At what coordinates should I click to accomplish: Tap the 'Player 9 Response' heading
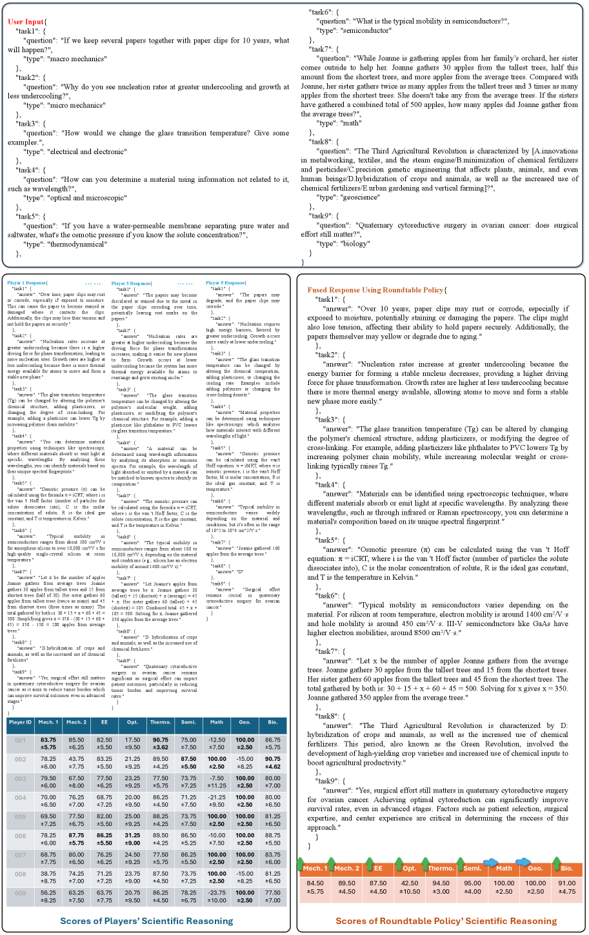pos(226,283)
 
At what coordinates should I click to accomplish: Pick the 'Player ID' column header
pos(20,722)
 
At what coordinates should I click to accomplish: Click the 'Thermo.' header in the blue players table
pos(161,722)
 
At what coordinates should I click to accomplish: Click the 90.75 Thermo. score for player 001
pos(161,740)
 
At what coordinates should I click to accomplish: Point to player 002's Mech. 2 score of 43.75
pos(76,759)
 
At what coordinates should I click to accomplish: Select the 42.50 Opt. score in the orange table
pos(410,883)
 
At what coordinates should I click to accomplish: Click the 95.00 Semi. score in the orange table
pos(472,883)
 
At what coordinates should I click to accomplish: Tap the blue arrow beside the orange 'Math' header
pos(490,862)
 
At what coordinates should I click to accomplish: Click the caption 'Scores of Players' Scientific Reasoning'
pos(146,921)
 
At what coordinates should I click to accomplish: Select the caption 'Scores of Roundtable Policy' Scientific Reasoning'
pos(446,921)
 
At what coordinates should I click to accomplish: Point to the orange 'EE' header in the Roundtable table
pos(379,869)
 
